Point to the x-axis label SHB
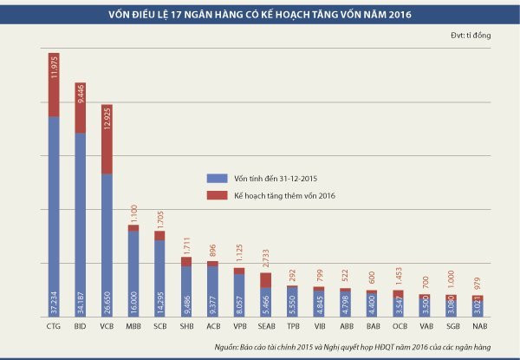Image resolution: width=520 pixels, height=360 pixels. coord(186,328)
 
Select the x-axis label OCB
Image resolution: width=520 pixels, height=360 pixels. coord(398,328)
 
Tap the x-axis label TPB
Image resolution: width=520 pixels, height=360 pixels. coord(292,328)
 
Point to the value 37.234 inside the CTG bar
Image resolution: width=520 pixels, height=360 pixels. coord(54,299)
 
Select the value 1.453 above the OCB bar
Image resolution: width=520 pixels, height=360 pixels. coord(398,276)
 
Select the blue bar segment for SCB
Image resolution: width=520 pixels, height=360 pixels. coord(159,269)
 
